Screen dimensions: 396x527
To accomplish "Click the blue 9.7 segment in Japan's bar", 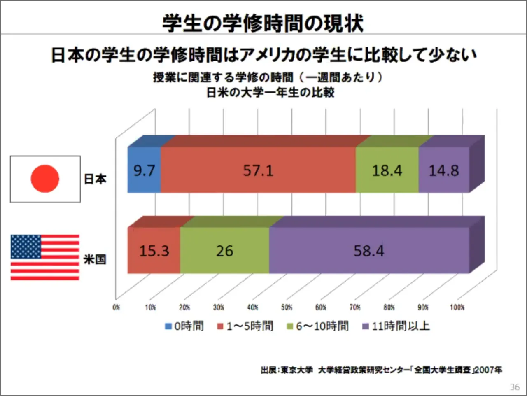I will point(144,170).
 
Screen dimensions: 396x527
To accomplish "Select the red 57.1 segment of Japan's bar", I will point(258,170).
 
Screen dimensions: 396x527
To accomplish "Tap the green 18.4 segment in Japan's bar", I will point(387,170).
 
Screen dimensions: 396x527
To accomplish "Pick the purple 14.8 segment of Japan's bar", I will point(444,170).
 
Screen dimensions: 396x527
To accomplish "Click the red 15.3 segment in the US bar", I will point(154,250).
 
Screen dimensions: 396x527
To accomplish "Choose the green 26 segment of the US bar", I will point(225,250).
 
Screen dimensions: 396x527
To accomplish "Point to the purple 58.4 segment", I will point(369,250).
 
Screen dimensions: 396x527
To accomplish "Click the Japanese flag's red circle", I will point(45,179).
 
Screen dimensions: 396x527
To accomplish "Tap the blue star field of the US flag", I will point(26,247).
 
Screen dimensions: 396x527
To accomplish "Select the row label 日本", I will point(95,179).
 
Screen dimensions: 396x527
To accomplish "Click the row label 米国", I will point(95,259).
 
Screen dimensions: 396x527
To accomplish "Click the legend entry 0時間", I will point(184,326).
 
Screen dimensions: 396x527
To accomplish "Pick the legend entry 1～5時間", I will point(245,326).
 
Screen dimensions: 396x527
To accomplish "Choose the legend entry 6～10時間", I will point(317,326).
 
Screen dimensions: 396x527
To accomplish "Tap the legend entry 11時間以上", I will point(396,326).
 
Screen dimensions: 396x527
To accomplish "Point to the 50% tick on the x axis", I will point(287,307).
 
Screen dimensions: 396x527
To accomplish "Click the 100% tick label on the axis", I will point(457,307).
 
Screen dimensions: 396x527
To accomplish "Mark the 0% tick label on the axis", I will point(116,307).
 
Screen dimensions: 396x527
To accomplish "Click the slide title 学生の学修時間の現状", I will point(263,23).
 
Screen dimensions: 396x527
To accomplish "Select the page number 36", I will point(515,387).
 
